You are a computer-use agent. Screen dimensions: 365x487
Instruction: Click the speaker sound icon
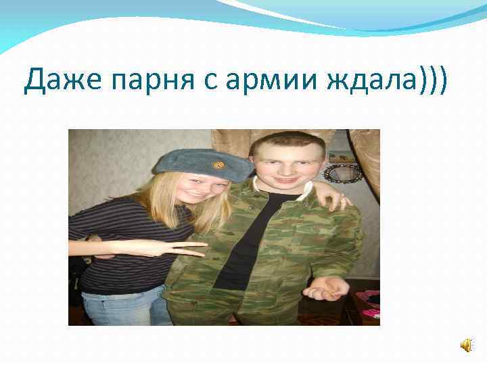coord(467,345)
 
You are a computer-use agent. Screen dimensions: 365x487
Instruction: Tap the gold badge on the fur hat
coord(218,164)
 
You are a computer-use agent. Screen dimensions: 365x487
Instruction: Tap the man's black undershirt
coord(246,237)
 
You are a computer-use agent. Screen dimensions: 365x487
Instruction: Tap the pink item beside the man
coord(370,304)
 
